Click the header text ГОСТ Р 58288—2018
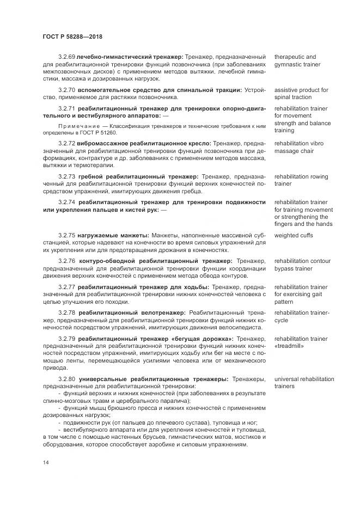click(72, 36)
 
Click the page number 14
click(45, 462)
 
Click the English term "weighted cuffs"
click(294, 235)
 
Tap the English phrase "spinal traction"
click(294, 97)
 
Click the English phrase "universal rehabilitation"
click(304, 378)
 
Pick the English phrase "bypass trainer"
click(294, 269)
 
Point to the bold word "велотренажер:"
click(162, 312)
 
